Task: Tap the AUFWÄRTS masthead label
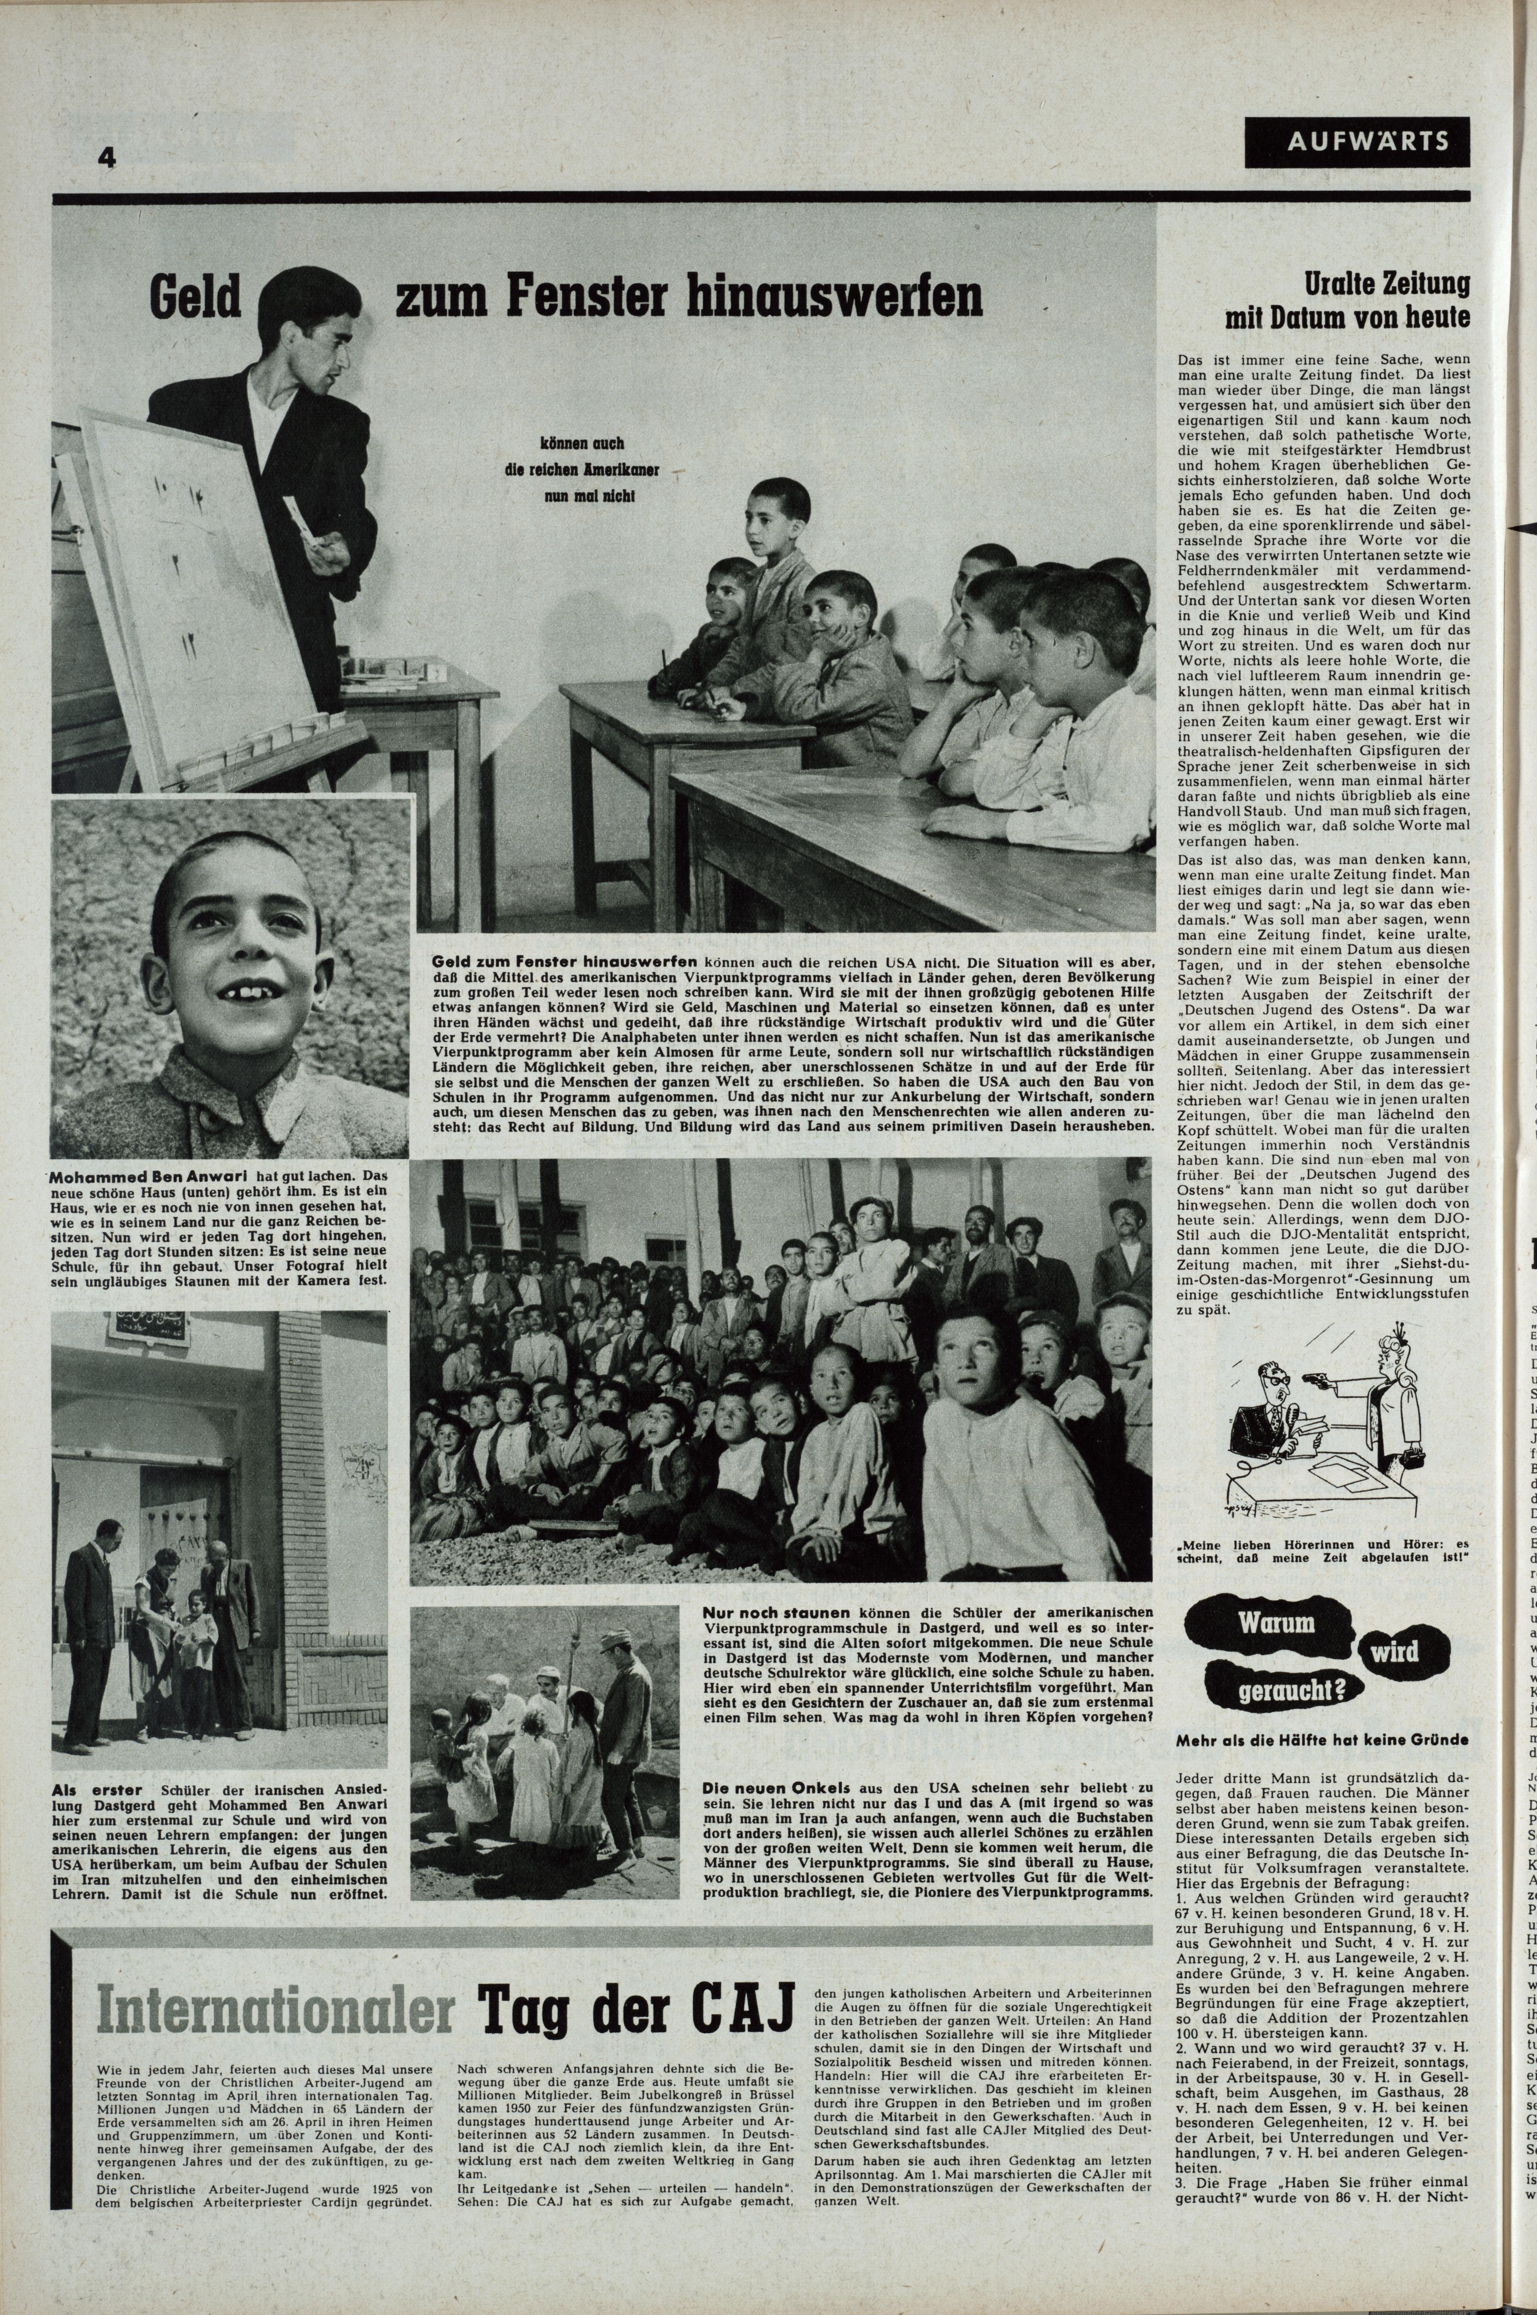tap(1358, 141)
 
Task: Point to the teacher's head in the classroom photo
tap(302, 320)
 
